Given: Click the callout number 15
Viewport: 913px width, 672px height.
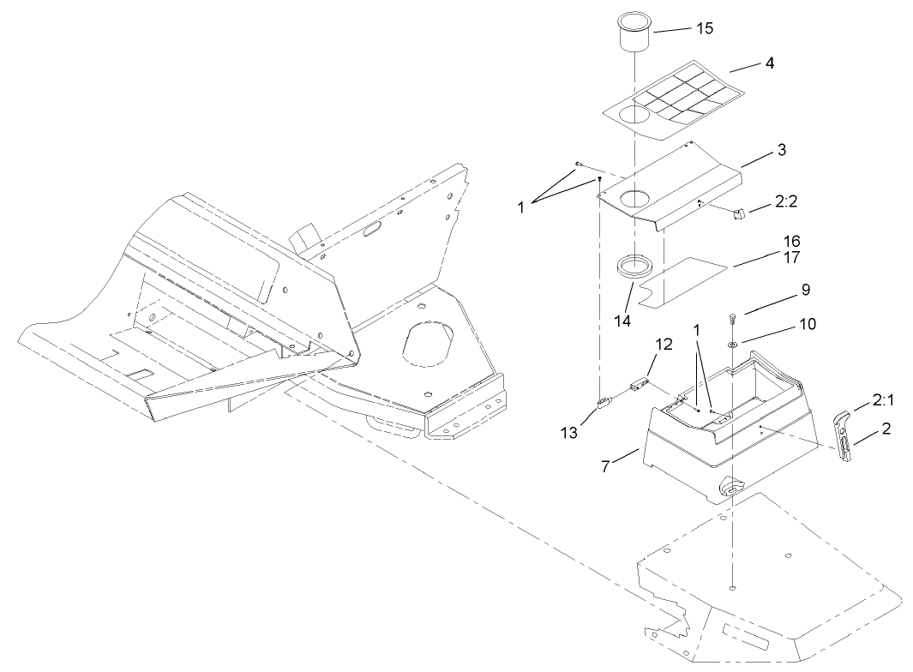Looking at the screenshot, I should tap(704, 27).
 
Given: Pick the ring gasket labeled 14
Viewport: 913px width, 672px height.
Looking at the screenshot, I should tap(635, 264).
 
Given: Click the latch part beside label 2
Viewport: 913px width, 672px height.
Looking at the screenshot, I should tap(845, 435).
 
